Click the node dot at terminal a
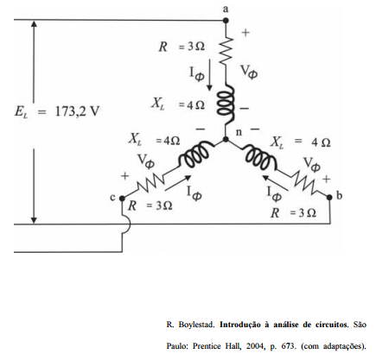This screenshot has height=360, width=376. click(226, 21)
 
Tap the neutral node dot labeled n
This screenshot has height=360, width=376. click(226, 140)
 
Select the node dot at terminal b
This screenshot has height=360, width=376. click(329, 197)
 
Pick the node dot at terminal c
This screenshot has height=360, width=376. click(122, 199)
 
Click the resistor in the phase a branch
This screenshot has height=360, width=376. click(226, 49)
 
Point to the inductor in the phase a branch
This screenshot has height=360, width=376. click(226, 104)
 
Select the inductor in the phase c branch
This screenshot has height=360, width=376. click(195, 155)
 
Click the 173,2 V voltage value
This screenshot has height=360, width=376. click(77, 111)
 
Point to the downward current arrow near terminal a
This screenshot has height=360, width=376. click(210, 74)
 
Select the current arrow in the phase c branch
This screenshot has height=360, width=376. click(178, 183)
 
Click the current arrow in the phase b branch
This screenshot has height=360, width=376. click(276, 182)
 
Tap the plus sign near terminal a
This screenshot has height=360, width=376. click(245, 33)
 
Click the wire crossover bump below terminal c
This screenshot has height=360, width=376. click(127, 224)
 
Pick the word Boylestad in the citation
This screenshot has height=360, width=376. click(196, 325)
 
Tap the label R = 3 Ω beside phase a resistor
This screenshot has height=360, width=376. click(182, 47)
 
